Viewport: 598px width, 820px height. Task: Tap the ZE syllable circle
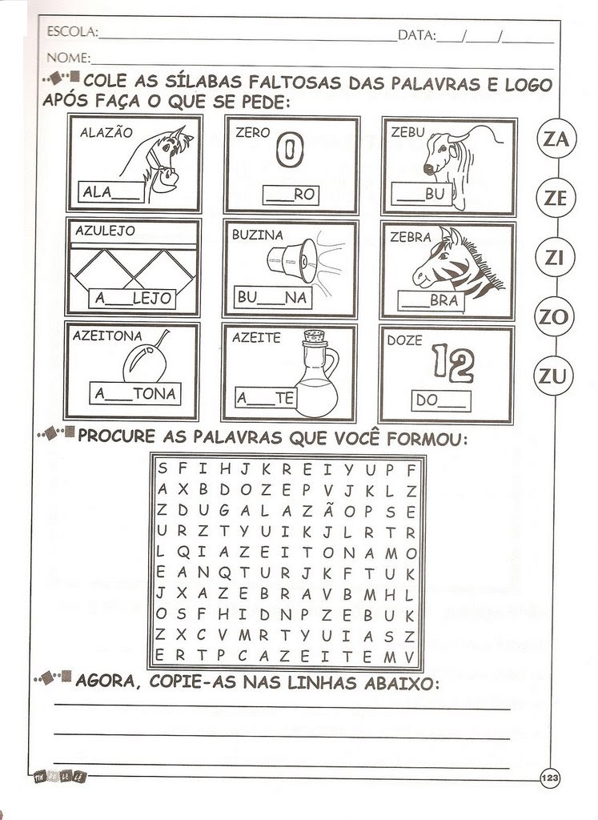pyautogui.click(x=556, y=198)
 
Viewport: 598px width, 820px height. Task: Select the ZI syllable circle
pyautogui.click(x=556, y=257)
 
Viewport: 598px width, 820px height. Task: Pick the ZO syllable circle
pyautogui.click(x=553, y=316)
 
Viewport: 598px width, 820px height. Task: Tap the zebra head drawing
pyautogui.click(x=455, y=262)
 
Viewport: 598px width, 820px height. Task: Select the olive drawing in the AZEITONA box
pyautogui.click(x=145, y=361)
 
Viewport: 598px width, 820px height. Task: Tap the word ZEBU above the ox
pyautogui.click(x=407, y=133)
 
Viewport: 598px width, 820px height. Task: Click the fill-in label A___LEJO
pyautogui.click(x=133, y=298)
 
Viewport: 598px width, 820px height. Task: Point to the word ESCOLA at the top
pyautogui.click(x=72, y=33)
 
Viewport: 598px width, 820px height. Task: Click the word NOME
pyautogui.click(x=68, y=58)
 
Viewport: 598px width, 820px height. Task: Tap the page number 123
pyautogui.click(x=549, y=778)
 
